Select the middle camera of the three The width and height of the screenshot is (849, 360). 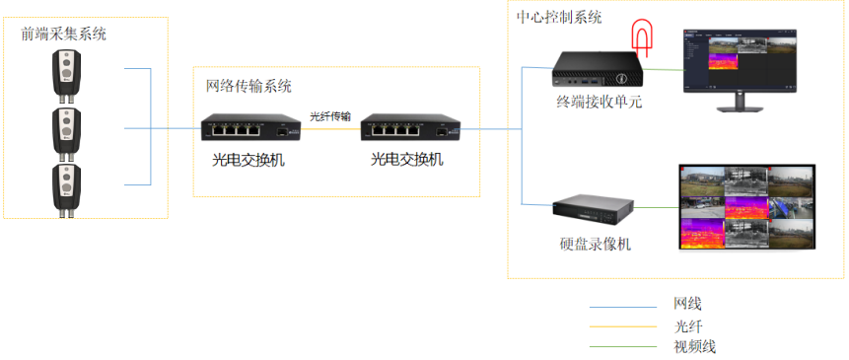pyautogui.click(x=67, y=130)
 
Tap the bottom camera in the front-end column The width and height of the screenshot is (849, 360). pyautogui.click(x=67, y=187)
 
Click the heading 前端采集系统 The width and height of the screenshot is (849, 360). pyautogui.click(x=64, y=35)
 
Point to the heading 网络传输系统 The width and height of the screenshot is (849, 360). pyautogui.click(x=248, y=86)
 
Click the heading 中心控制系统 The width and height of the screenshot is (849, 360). pyautogui.click(x=559, y=18)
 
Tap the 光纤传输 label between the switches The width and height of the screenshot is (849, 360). pyautogui.click(x=329, y=116)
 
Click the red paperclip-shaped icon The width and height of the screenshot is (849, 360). pyautogui.click(x=642, y=37)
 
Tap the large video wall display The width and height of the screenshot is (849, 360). pyautogui.click(x=747, y=207)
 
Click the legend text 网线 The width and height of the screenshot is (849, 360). pyautogui.click(x=687, y=304)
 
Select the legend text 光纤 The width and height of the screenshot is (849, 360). pyautogui.click(x=687, y=325)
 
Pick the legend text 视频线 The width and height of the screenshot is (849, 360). pyautogui.click(x=694, y=346)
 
